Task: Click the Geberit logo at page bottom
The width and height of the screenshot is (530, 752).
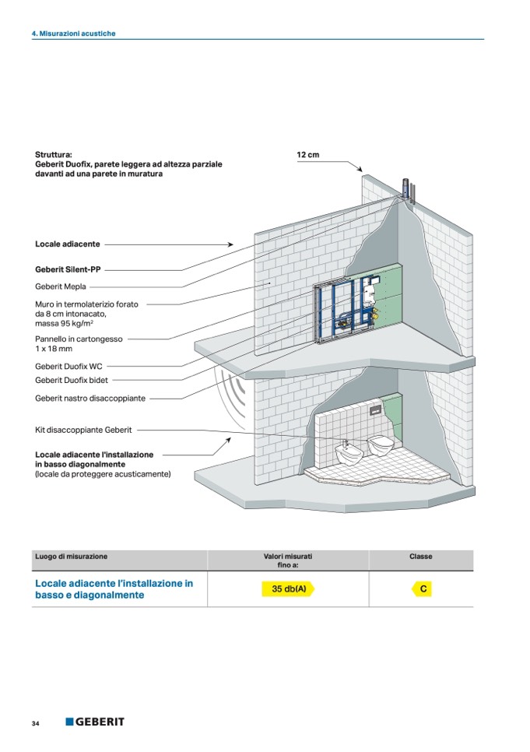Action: coord(94,722)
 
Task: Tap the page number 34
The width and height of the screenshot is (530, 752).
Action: coord(36,724)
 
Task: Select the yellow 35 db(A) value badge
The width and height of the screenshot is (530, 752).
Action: coord(287,589)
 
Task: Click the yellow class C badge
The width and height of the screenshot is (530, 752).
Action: coord(423,589)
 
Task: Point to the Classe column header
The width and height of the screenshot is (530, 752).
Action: coord(420,557)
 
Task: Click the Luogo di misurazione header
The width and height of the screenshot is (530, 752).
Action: coord(72,557)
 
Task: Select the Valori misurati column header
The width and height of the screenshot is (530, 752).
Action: coord(288,560)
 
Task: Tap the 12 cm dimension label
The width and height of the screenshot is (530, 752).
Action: coord(308,155)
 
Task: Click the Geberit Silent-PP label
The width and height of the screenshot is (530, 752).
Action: coord(68,270)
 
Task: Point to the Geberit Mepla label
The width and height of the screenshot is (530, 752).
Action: coord(60,286)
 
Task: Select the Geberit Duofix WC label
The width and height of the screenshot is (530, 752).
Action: coord(68,366)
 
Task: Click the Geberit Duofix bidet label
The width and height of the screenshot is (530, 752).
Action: coord(72,380)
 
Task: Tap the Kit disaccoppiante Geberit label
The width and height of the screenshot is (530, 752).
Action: coord(83,430)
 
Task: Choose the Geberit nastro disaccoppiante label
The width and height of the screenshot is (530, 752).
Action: coord(90,398)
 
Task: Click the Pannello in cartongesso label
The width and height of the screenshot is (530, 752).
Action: coord(78,339)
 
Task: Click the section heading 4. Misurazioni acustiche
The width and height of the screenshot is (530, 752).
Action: coord(73,34)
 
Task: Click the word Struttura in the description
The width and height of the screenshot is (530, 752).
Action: coord(53,155)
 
